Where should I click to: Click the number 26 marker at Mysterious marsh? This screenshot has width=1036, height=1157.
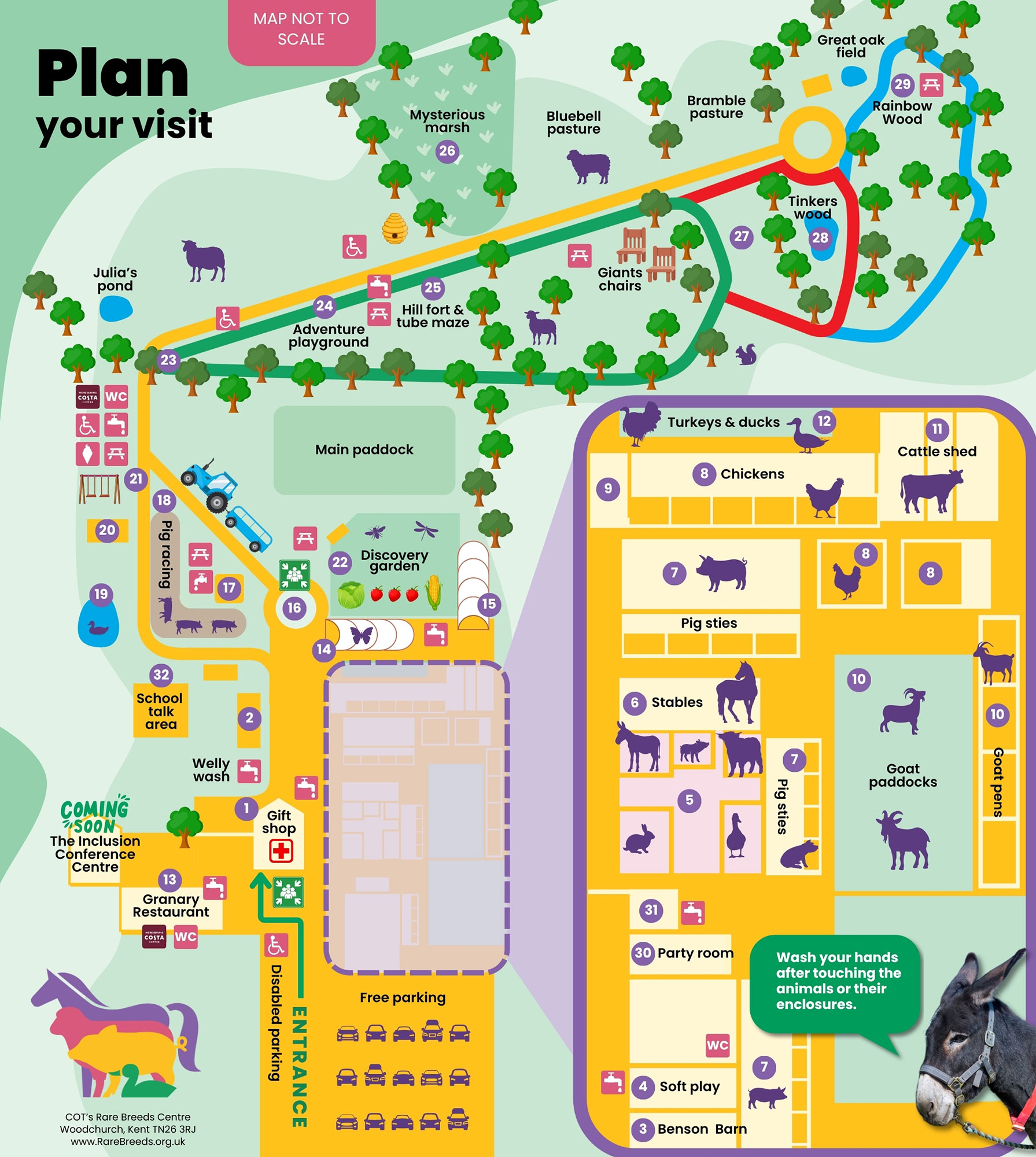point(447,151)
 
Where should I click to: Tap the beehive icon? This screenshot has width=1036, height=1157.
point(395,228)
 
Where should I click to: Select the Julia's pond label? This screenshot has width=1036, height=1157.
point(115,279)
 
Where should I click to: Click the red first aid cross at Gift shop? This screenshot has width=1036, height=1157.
point(281,850)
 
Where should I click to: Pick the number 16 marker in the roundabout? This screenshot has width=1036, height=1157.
point(294,607)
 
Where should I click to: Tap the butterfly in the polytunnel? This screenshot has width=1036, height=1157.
point(362,635)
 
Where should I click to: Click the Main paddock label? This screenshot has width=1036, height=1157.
point(364,449)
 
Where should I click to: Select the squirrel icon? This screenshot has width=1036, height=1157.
point(746,354)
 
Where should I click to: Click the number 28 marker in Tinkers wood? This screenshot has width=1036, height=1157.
point(820,237)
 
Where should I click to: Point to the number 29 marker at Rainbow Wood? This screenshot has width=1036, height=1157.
point(902,84)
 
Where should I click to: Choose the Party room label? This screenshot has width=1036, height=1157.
point(695,953)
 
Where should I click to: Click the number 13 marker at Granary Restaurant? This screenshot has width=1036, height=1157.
point(169,880)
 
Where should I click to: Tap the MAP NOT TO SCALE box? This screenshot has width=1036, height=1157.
point(301,30)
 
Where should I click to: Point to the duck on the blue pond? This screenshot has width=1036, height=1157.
point(97,628)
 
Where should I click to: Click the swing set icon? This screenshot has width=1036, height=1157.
point(99,489)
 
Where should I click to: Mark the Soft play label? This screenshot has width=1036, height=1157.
point(690,1086)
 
